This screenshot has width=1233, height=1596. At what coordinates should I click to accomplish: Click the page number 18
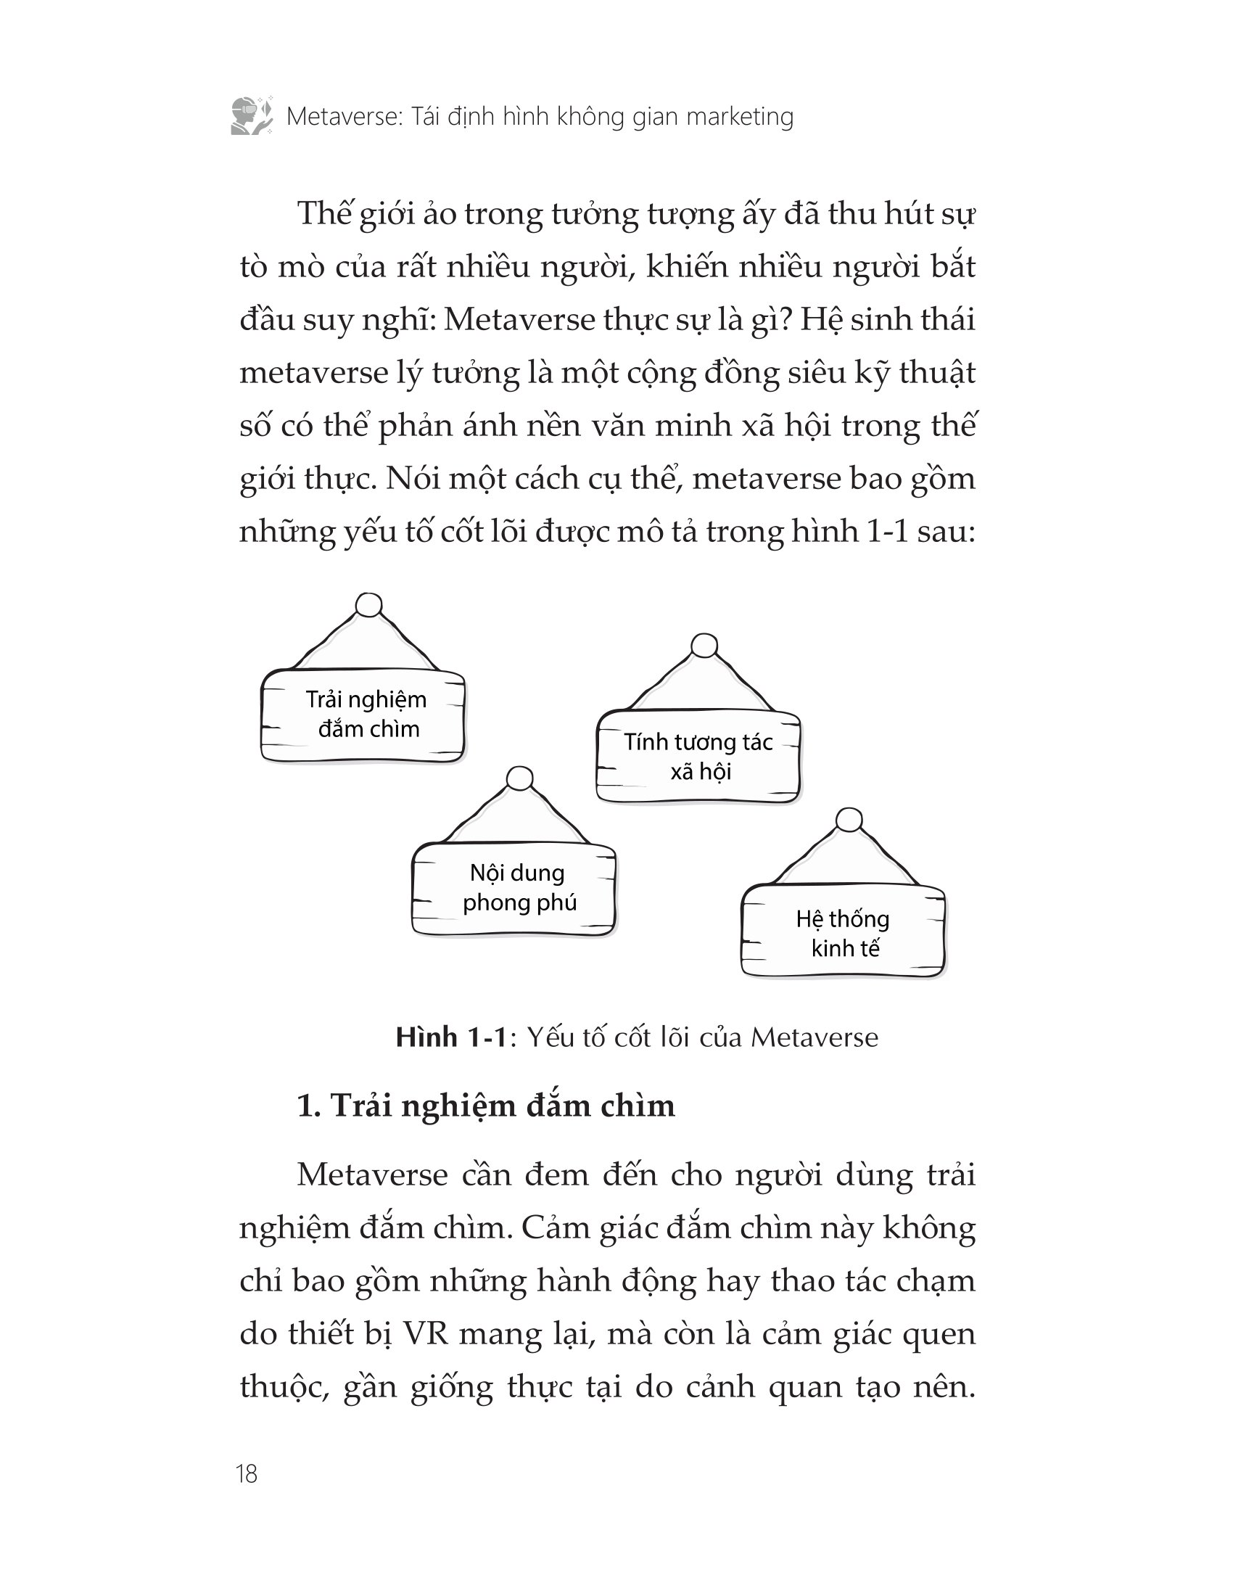pos(247,1473)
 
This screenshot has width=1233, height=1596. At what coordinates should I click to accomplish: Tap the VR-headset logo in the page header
pos(252,115)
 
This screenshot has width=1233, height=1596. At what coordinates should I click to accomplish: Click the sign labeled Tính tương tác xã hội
pos(698,757)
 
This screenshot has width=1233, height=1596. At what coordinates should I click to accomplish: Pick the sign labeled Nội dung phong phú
pos(514,888)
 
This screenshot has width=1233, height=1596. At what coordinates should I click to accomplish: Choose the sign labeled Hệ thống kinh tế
pos(843,931)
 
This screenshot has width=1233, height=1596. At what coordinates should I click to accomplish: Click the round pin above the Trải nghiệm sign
pos(368,605)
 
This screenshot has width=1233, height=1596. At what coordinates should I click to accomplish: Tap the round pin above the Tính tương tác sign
pos(704,646)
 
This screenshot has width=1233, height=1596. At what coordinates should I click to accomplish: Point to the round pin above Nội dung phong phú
pos(519,778)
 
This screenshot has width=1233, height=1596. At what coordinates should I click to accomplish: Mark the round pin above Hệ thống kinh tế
pos(848,820)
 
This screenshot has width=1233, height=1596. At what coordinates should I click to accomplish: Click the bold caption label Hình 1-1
pos(450,1037)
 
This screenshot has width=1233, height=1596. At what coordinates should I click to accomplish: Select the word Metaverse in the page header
pos(344,117)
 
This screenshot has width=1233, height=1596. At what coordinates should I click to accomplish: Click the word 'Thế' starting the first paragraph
pos(324,213)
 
